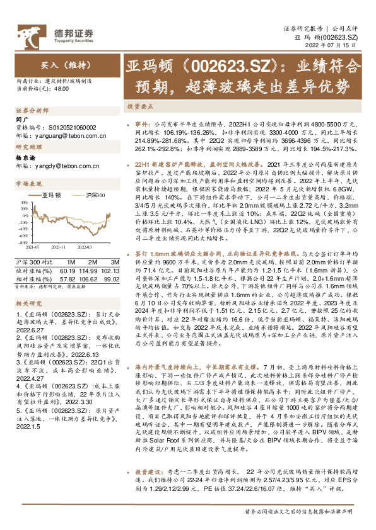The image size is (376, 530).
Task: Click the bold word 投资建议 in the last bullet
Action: pyautogui.click(x=146, y=489)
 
